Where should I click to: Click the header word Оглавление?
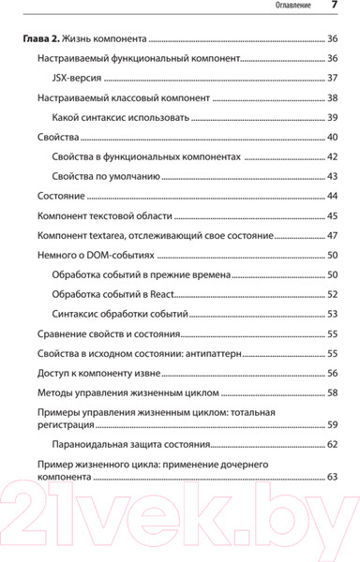pos(298,7)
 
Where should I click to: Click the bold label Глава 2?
pos(41,39)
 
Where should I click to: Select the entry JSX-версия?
pos(82,78)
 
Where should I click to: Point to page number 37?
pos(332,78)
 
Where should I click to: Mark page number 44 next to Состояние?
pos(332,196)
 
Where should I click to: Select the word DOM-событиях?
pos(115,255)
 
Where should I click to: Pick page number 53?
pos(332,314)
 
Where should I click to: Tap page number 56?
pos(332,373)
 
